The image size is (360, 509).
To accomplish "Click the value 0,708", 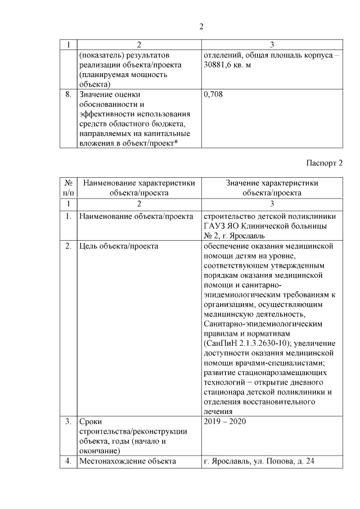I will tap(213, 94).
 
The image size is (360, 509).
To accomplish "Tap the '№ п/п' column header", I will tap(68, 187).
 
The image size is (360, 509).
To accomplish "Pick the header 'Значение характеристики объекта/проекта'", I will tap(272, 187).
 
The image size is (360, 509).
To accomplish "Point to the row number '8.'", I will tap(68, 94).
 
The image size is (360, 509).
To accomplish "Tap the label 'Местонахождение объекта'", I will tap(128, 461).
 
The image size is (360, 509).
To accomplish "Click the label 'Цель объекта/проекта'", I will tap(119, 246).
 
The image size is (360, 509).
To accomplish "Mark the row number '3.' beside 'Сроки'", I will tap(68, 421).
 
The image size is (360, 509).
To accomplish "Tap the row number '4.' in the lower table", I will tap(68, 461).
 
